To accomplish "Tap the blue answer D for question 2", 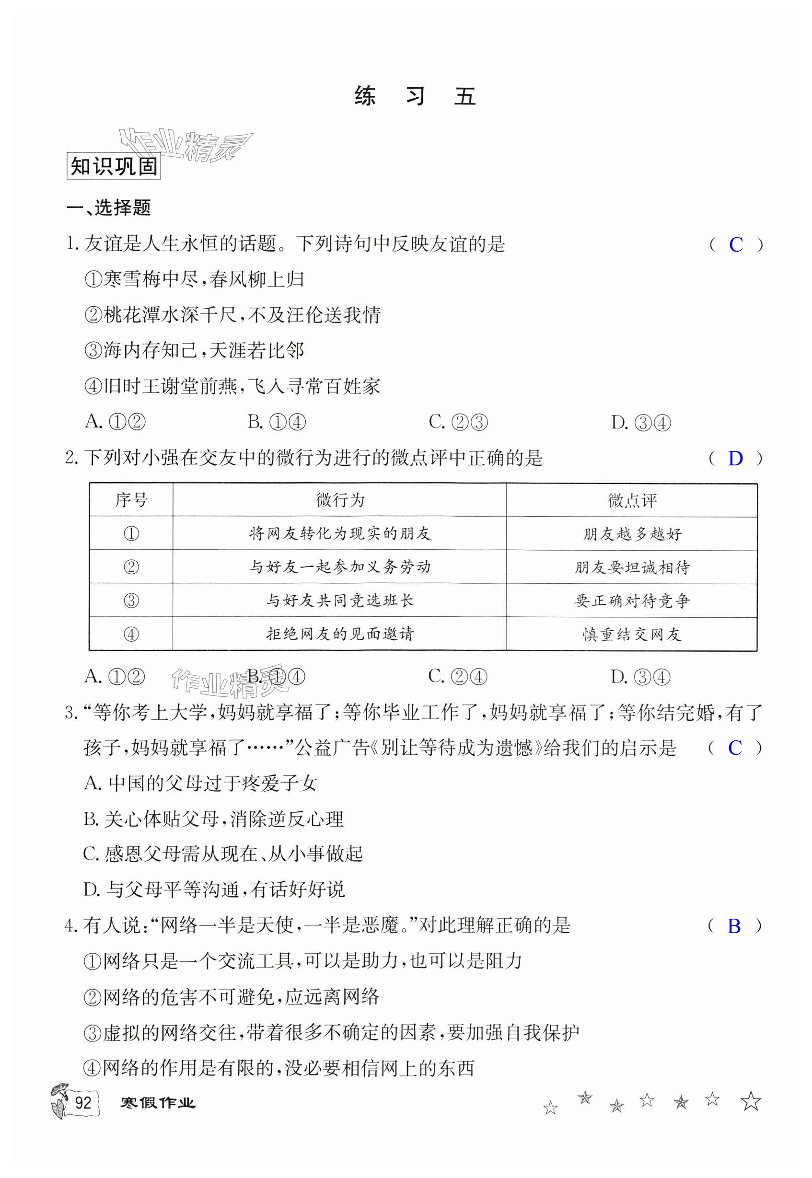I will pos(735,459).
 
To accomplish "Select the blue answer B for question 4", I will pos(734,926).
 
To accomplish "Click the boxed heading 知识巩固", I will pos(114,166).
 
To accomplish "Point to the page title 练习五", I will pos(415,96).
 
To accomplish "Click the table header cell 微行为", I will pos(340,500).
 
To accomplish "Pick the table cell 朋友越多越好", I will pos(632,534).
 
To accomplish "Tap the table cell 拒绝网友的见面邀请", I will pos(340,634).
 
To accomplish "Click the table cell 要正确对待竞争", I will pos(632,601).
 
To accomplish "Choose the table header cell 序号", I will pos(131,500).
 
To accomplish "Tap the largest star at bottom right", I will pos(751,1101).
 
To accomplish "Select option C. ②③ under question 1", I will pos(458,422).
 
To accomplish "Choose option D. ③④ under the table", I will pos(640,677).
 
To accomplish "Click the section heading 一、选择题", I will pos(109,208).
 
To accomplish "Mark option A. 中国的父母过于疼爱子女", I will pos(200,784).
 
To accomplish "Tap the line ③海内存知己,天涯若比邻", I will pos(194,351).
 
